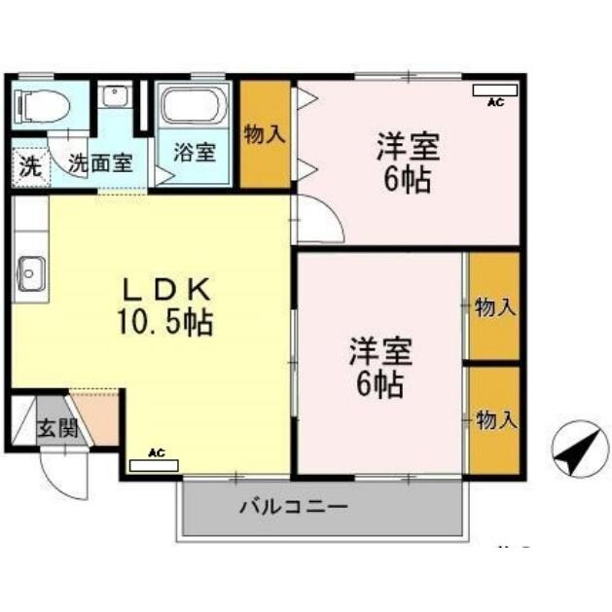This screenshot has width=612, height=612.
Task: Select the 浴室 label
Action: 194,152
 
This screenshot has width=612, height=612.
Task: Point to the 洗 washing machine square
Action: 30,164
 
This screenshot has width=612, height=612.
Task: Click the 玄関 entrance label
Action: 58,429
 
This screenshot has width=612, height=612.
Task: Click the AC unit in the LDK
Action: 154,462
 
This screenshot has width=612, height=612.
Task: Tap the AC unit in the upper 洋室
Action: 494,91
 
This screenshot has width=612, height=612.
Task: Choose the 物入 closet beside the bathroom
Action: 265,134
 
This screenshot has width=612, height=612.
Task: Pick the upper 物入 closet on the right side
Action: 494,307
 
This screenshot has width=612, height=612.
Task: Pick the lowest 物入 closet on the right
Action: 494,419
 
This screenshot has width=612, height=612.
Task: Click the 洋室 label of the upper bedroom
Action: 409,147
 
